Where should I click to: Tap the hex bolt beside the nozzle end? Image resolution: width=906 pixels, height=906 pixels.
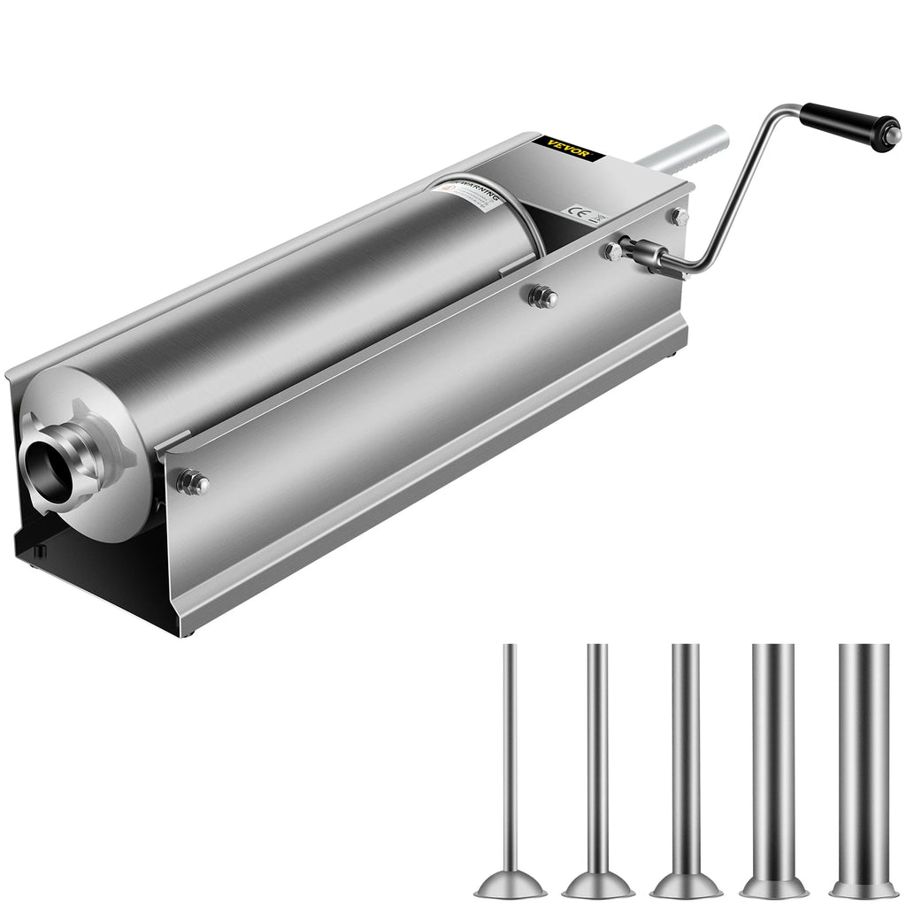193,482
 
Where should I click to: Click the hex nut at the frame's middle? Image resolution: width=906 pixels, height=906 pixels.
542,296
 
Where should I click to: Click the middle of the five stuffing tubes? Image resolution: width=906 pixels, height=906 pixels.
686,761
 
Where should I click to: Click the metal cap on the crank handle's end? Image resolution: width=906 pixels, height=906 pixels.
893,134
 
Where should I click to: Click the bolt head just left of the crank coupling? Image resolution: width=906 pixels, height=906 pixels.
612,251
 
